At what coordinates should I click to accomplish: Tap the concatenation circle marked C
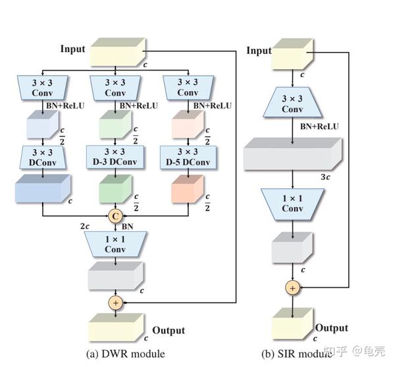116,215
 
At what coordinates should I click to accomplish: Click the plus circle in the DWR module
116,302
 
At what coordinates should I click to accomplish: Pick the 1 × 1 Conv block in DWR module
116,244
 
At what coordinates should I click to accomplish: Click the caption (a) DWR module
126,354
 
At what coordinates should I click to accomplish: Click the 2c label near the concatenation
86,226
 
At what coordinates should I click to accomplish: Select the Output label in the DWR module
169,330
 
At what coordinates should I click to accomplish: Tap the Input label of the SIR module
258,51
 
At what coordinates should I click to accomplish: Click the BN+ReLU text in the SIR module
319,126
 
